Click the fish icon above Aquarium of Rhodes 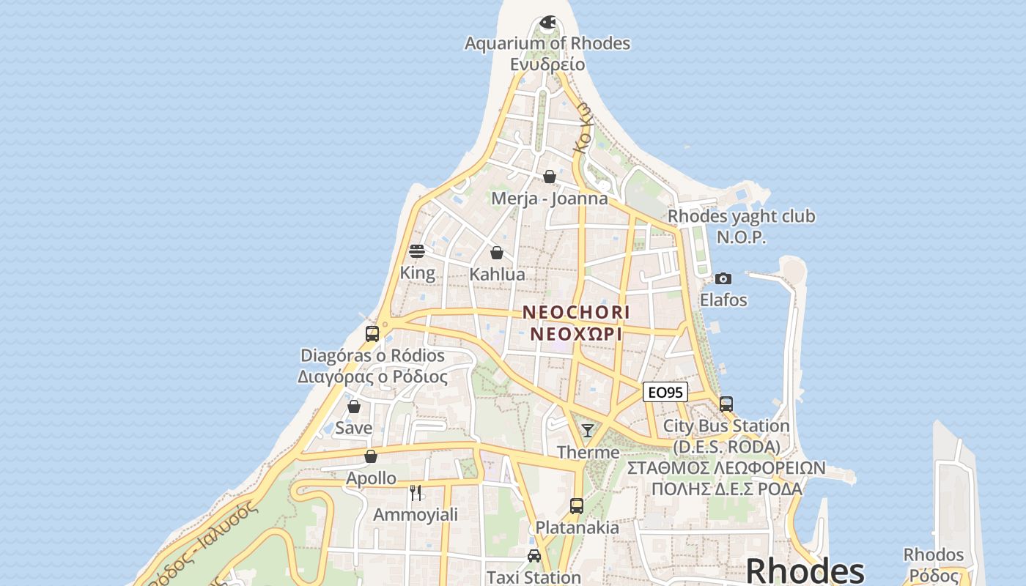point(547,23)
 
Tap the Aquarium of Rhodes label point(547,43)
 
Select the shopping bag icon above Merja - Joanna point(550,177)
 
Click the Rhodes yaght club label point(741,217)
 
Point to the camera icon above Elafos point(723,278)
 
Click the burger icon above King point(417,252)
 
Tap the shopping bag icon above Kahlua point(497,253)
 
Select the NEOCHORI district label point(576,312)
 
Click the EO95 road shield point(665,393)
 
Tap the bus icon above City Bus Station point(726,404)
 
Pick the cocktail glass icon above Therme point(588,430)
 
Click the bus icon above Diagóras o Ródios point(372,334)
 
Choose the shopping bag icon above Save point(354,407)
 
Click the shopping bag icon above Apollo point(371,456)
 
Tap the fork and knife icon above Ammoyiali point(416,492)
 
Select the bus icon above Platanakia point(577,505)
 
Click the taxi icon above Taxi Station point(534,556)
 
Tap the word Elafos point(723,300)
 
